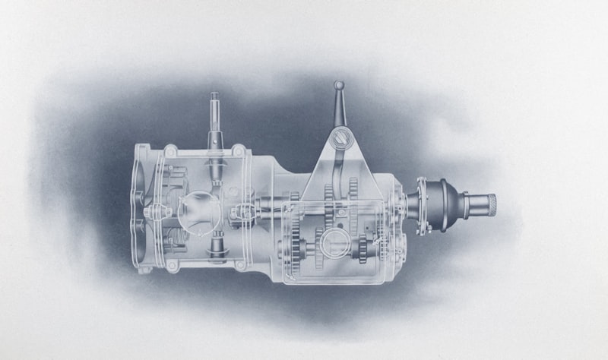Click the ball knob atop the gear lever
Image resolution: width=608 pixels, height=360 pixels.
(x=339, y=86)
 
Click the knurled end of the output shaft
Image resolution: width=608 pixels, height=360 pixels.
(x=491, y=204)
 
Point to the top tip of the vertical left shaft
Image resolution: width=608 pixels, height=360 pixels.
(x=214, y=96)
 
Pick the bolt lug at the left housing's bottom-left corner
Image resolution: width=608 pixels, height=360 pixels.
(x=172, y=265)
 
